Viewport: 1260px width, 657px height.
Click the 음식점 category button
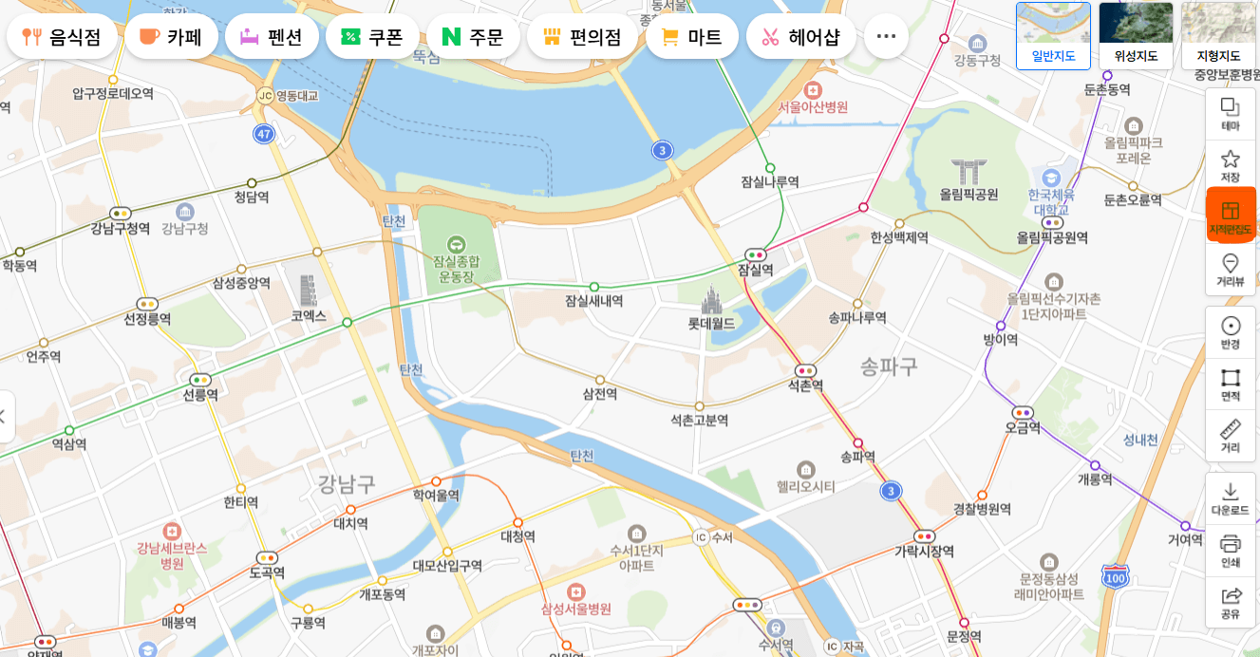63,37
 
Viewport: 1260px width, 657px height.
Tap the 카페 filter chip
172,37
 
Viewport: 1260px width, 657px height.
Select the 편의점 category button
582,37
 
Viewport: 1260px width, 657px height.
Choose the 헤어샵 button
800,37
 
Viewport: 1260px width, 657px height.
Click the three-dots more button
886,36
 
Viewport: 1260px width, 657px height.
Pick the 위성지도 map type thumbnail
1136,35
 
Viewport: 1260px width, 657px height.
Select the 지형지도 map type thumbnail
1217,35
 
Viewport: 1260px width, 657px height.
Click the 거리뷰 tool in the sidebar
1231,270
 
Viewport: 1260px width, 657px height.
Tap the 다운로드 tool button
1231,498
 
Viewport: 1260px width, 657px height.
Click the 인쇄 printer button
1231,550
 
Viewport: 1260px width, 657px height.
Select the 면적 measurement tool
1231,384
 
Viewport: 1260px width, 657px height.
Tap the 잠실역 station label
756,270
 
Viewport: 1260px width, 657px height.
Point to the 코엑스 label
309,315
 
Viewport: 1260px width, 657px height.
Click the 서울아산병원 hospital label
813,107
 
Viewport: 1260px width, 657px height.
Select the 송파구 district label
889,366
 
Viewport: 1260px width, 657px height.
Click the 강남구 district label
347,485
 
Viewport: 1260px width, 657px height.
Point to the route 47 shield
264,134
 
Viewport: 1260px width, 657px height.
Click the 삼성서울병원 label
575,609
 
